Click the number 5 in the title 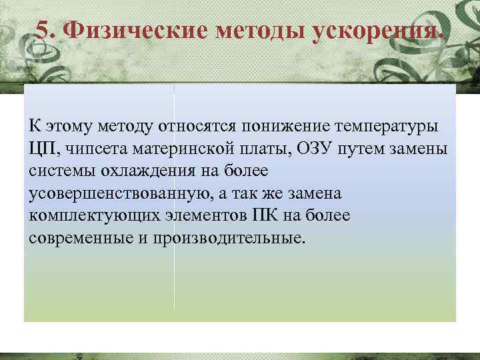42,30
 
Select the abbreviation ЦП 42,147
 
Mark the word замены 417,147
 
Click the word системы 62,170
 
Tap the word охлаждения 145,170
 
